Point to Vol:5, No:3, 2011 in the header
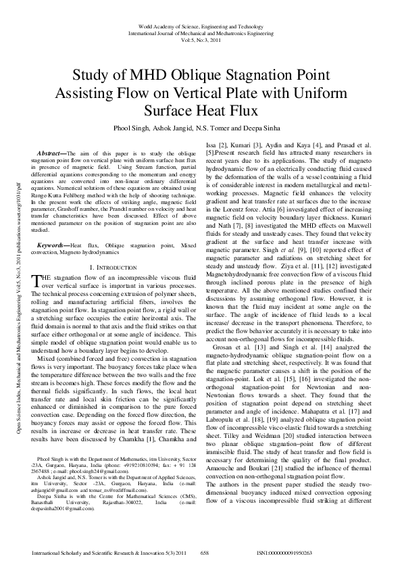201,39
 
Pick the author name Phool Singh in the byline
130,127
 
